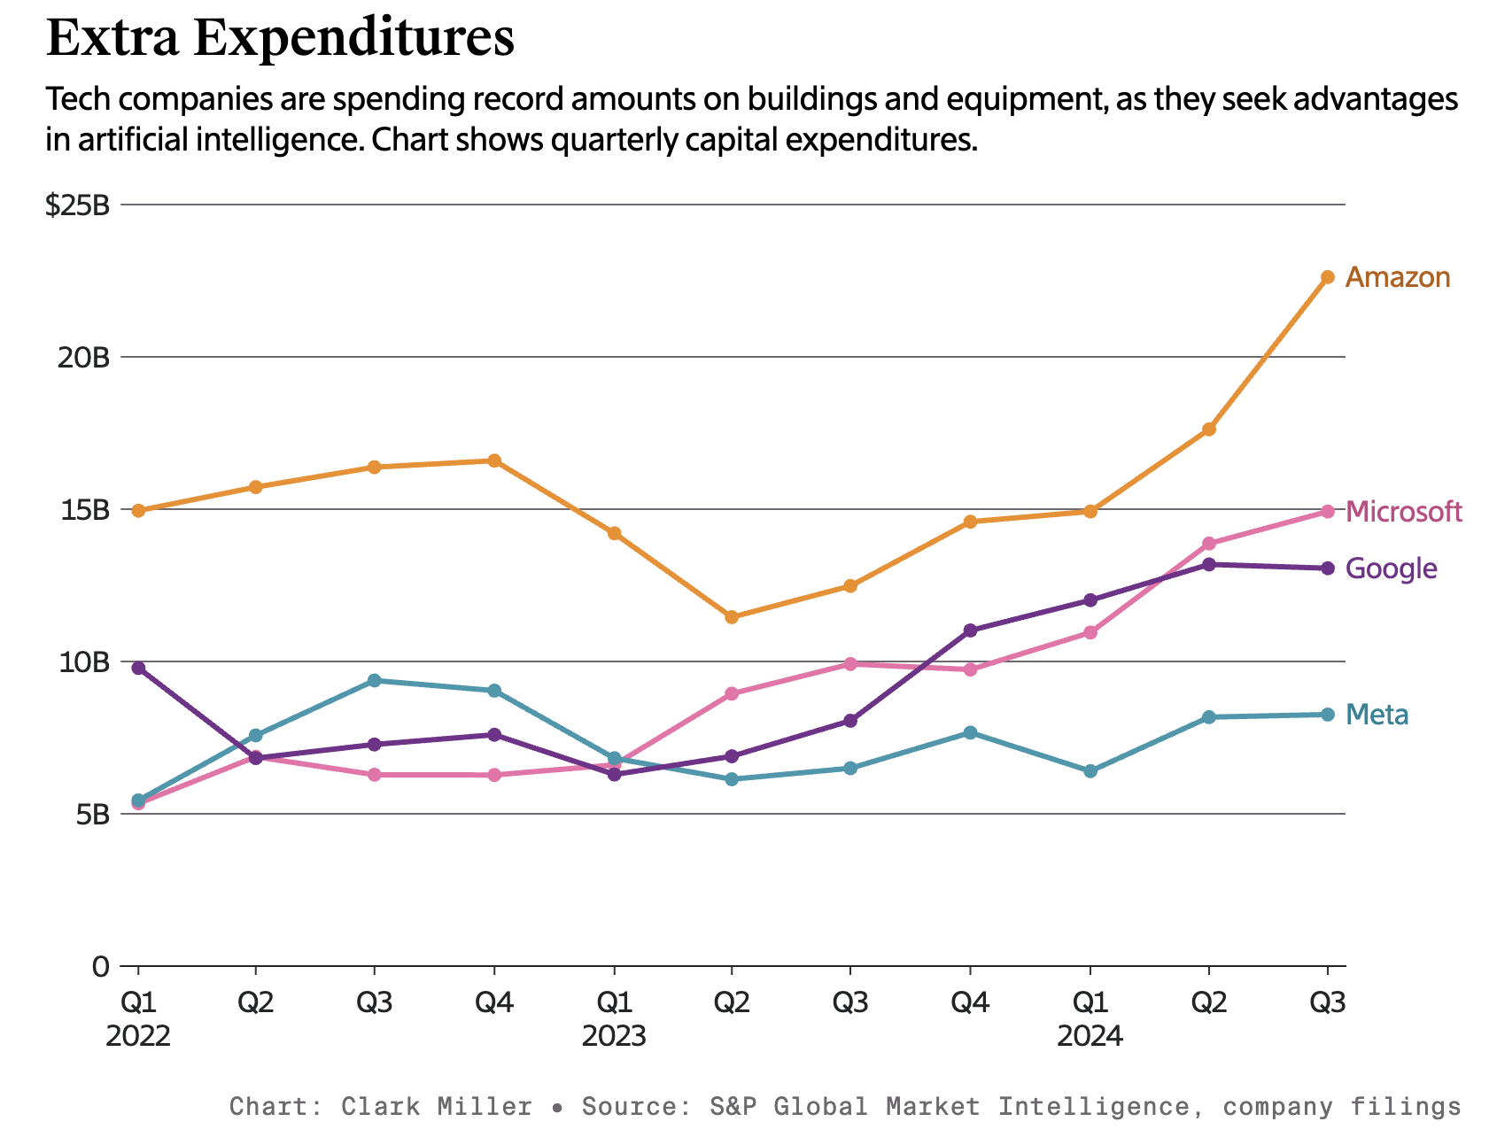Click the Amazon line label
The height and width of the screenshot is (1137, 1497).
[x=1397, y=278]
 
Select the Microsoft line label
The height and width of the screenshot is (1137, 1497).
[x=1403, y=512]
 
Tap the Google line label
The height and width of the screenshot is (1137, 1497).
[x=1391, y=568]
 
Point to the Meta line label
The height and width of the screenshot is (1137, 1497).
[x=1377, y=715]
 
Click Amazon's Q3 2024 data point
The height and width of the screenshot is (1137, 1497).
[x=1327, y=277]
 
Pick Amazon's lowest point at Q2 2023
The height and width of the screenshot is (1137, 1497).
[x=732, y=617]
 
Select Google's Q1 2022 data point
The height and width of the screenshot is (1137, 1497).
[x=138, y=668]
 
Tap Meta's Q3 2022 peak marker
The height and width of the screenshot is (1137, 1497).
[x=375, y=680]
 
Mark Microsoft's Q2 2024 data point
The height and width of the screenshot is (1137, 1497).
[x=1209, y=544]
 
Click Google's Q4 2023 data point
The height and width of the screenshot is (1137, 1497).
[x=970, y=630]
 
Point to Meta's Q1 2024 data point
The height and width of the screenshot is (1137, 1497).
[x=1090, y=771]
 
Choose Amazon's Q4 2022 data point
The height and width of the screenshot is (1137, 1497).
[x=494, y=460]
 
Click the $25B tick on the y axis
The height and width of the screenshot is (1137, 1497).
[x=78, y=205]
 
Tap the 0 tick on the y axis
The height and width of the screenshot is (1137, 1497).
[x=100, y=966]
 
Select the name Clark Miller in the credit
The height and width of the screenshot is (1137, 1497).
[x=437, y=1107]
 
